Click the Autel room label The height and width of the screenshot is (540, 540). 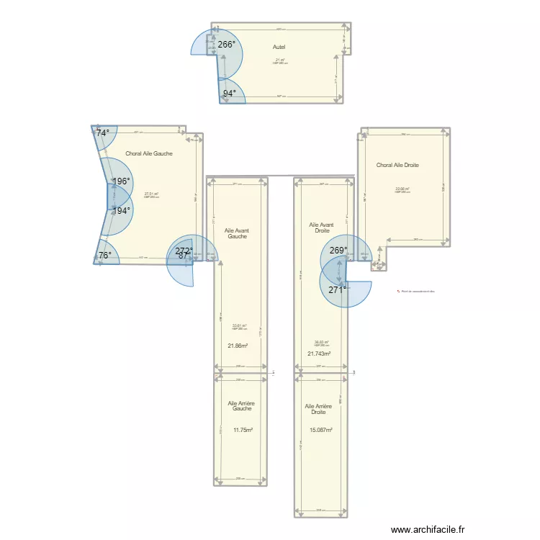[x=279, y=48]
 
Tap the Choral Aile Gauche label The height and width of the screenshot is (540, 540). [x=149, y=153]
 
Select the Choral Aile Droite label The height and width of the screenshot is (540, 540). [x=397, y=165]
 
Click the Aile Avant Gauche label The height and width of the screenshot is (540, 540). [x=236, y=233]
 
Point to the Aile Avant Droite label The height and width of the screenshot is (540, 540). [x=319, y=228]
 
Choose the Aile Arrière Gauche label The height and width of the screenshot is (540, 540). [x=241, y=406]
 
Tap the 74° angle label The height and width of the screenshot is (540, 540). [x=104, y=133]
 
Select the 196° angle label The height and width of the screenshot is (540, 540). [x=122, y=181]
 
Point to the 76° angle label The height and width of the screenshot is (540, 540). [x=105, y=255]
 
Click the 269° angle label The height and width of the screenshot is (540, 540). [x=338, y=251]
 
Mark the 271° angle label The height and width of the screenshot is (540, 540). [x=337, y=289]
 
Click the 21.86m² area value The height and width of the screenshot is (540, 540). [x=238, y=346]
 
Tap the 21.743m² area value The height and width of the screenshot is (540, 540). [x=319, y=354]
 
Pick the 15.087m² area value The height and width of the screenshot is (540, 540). [x=320, y=430]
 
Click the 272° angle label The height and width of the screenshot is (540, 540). [x=184, y=251]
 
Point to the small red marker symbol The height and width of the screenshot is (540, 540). [x=398, y=291]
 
